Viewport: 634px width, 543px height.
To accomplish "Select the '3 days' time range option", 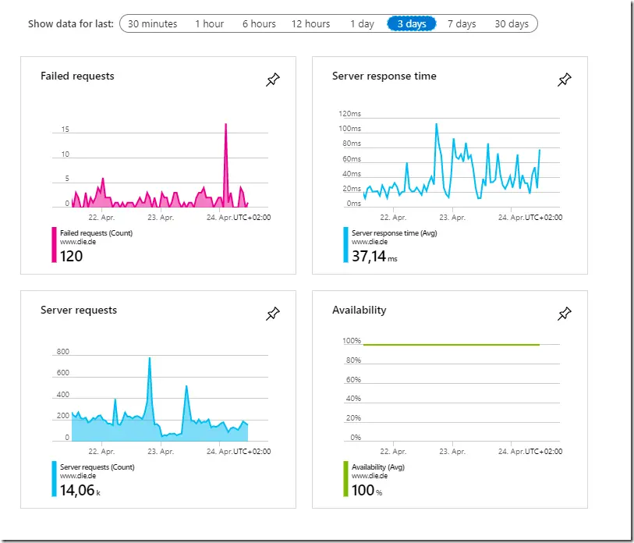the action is tap(412, 24).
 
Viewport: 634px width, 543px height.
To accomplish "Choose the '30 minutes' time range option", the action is tap(152, 24).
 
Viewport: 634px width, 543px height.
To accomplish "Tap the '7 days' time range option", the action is tap(462, 24).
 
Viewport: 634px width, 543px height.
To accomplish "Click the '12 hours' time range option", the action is tap(310, 24).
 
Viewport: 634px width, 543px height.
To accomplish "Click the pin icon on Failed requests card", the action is tap(273, 80).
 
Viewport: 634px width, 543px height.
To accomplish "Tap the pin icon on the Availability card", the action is tap(565, 314).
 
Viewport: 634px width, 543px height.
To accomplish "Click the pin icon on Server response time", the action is tap(565, 80).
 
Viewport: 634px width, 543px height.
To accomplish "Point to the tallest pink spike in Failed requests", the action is tap(225, 124).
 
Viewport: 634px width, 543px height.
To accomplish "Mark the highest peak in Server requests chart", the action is tap(150, 357).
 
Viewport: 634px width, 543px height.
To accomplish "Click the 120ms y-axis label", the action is tap(349, 114).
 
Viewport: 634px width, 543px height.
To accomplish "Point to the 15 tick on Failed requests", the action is tap(65, 130).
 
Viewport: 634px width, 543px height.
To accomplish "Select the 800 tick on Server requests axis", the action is tap(63, 352).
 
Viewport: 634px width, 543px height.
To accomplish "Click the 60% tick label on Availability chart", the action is tap(353, 379).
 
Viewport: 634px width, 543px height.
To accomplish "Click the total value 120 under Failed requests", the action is tap(72, 256).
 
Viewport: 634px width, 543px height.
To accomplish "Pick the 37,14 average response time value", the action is tap(369, 256).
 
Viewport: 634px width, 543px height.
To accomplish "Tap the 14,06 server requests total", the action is tap(77, 490).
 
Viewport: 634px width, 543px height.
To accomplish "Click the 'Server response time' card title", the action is tap(384, 76).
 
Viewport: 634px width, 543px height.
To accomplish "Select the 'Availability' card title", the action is tap(359, 310).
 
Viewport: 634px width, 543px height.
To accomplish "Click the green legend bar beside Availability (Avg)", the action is tap(345, 479).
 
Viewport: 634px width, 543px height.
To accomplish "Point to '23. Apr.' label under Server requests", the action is tap(161, 451).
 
